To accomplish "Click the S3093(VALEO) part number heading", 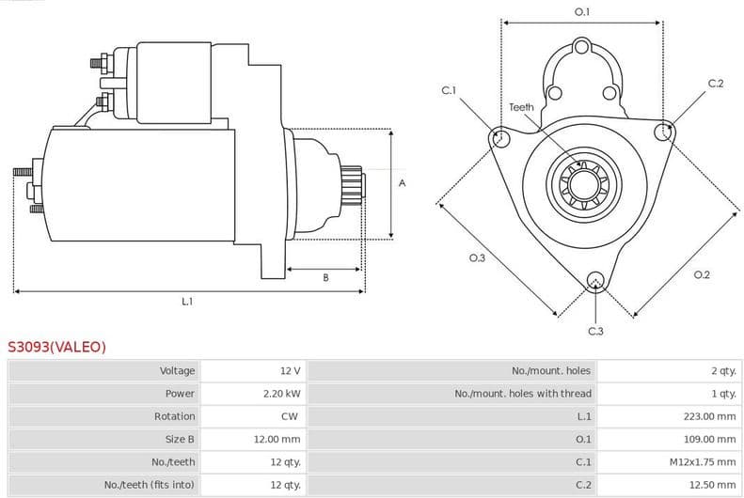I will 57,347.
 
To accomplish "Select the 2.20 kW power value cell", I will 281,394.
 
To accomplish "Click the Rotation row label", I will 174,416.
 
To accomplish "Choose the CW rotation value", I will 291,416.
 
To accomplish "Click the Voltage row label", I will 177,371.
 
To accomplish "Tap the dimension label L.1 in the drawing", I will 187,302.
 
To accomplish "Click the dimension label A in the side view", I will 402,183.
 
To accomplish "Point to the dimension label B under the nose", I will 325,277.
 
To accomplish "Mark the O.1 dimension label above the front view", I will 582,11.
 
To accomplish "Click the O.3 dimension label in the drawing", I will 477,257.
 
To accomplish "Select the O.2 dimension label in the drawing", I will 701,274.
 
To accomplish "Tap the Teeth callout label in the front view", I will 521,107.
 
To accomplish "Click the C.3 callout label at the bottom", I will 595,331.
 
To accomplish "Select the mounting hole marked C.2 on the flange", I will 665,132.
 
